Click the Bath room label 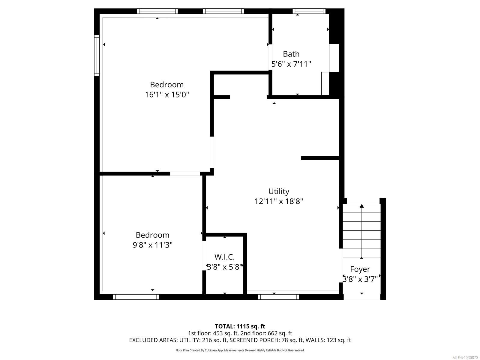pyautogui.click(x=291, y=54)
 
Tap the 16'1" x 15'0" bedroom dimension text pyautogui.click(x=167, y=95)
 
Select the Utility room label pyautogui.click(x=279, y=191)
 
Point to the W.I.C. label pyautogui.click(x=224, y=257)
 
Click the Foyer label pyautogui.click(x=360, y=269)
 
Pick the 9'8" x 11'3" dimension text pyautogui.click(x=152, y=245)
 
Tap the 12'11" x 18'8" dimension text pyautogui.click(x=279, y=201)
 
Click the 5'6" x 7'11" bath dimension pyautogui.click(x=291, y=64)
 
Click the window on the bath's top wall pyautogui.click(x=309, y=11)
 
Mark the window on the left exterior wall pyautogui.click(x=97, y=55)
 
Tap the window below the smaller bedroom pyautogui.click(x=136, y=297)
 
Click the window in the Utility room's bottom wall pyautogui.click(x=279, y=297)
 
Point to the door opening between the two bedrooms pyautogui.click(x=185, y=173)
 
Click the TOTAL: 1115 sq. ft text pyautogui.click(x=240, y=326)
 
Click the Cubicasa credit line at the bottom pyautogui.click(x=240, y=350)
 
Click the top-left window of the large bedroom pyautogui.click(x=157, y=11)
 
